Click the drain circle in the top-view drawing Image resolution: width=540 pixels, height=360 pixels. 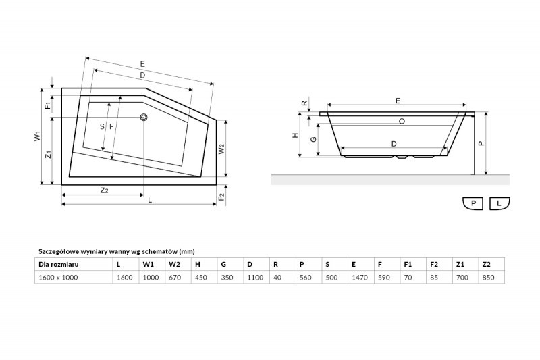[144, 118]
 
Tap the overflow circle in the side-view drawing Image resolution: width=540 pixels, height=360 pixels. [402, 122]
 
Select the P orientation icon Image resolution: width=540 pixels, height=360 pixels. [473, 203]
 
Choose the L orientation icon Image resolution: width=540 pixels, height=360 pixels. [500, 203]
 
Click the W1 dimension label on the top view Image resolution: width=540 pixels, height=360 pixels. [38, 136]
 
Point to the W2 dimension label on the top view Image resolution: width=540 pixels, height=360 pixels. [221, 149]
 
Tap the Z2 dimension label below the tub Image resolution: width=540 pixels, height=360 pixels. [104, 190]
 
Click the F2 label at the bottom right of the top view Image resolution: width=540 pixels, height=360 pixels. [221, 197]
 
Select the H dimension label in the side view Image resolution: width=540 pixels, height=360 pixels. [296, 135]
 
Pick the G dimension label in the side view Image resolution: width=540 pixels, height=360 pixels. [313, 139]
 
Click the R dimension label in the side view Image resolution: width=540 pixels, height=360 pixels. [304, 103]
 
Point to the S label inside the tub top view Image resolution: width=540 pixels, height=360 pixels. [102, 126]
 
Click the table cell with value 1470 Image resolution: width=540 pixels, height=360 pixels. [360, 278]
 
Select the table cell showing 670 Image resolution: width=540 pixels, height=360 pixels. [175, 278]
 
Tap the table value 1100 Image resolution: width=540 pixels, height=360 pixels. [255, 278]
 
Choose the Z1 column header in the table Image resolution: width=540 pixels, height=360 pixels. [460, 265]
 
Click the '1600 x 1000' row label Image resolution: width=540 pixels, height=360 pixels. [58, 278]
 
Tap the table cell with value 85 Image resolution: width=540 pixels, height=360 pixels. [434, 278]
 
